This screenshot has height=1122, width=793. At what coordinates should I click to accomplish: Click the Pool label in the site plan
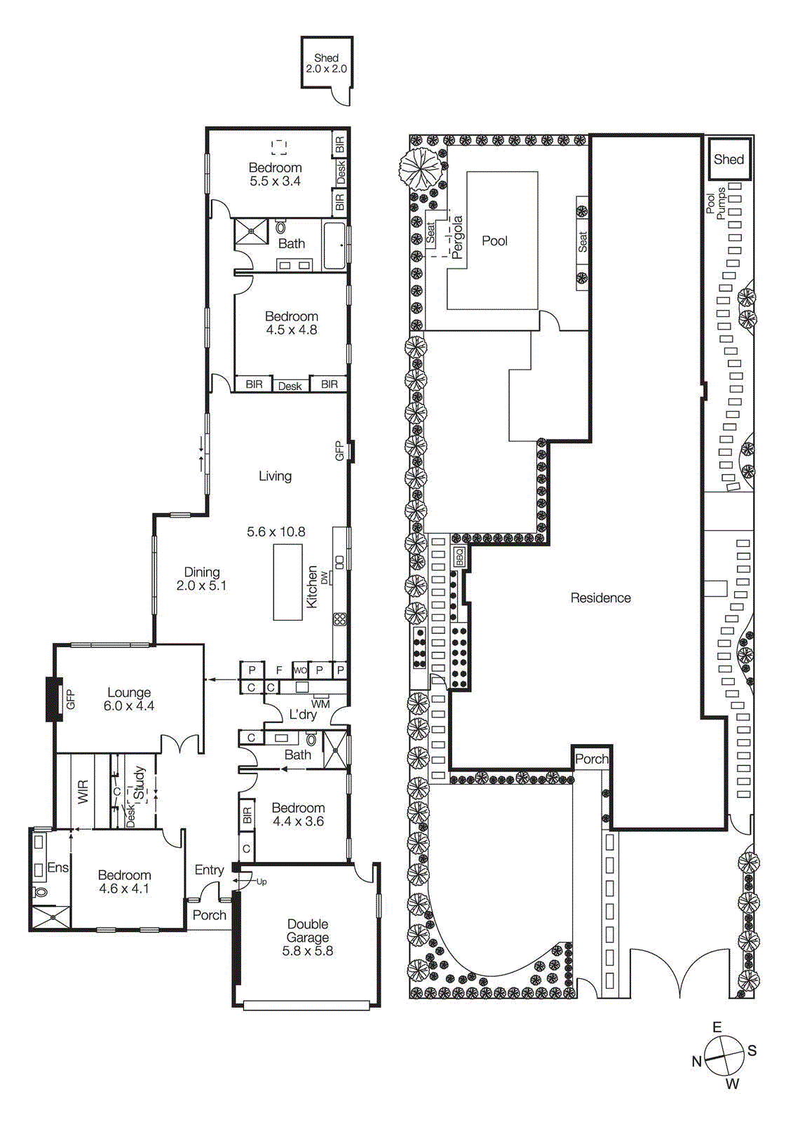tap(494, 241)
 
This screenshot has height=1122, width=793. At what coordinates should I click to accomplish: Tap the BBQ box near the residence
tap(460, 557)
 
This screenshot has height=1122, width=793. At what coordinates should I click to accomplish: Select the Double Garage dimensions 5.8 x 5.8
tap(307, 951)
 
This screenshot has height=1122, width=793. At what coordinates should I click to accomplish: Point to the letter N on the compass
tap(696, 1061)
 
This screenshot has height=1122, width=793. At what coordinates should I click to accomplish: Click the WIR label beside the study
tap(83, 792)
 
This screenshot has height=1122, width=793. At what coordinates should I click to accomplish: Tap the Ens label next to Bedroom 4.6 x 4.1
tap(57, 867)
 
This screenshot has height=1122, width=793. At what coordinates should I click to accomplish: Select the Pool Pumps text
tap(716, 203)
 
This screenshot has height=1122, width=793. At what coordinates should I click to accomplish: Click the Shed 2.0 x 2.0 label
tap(326, 63)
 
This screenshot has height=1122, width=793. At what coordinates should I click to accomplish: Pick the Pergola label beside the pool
tap(457, 237)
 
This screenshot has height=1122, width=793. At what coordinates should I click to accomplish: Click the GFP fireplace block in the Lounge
tap(54, 698)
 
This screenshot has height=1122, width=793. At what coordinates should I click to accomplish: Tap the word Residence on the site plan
tap(600, 597)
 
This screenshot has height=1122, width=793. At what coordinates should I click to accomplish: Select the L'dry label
tap(303, 714)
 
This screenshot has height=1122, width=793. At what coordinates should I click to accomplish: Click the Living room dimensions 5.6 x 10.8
tap(276, 532)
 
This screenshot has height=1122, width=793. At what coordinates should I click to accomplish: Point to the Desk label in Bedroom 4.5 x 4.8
tap(290, 386)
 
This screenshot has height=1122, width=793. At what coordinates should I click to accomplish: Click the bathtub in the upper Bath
tap(334, 245)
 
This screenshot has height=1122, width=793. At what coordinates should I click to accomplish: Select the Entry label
tap(209, 870)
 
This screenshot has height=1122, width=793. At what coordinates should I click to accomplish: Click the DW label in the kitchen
tap(325, 578)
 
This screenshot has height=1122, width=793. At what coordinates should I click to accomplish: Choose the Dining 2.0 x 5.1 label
tap(201, 579)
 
